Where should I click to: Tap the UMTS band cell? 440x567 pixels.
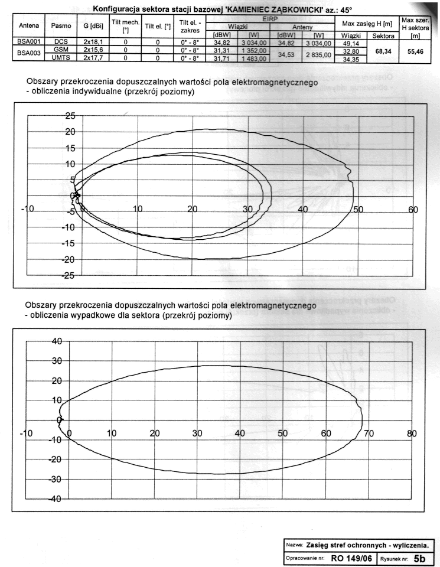click(61, 58)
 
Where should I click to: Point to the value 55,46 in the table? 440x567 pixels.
click(416, 53)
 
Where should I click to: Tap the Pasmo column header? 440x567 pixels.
click(61, 27)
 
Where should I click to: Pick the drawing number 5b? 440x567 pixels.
click(422, 557)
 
